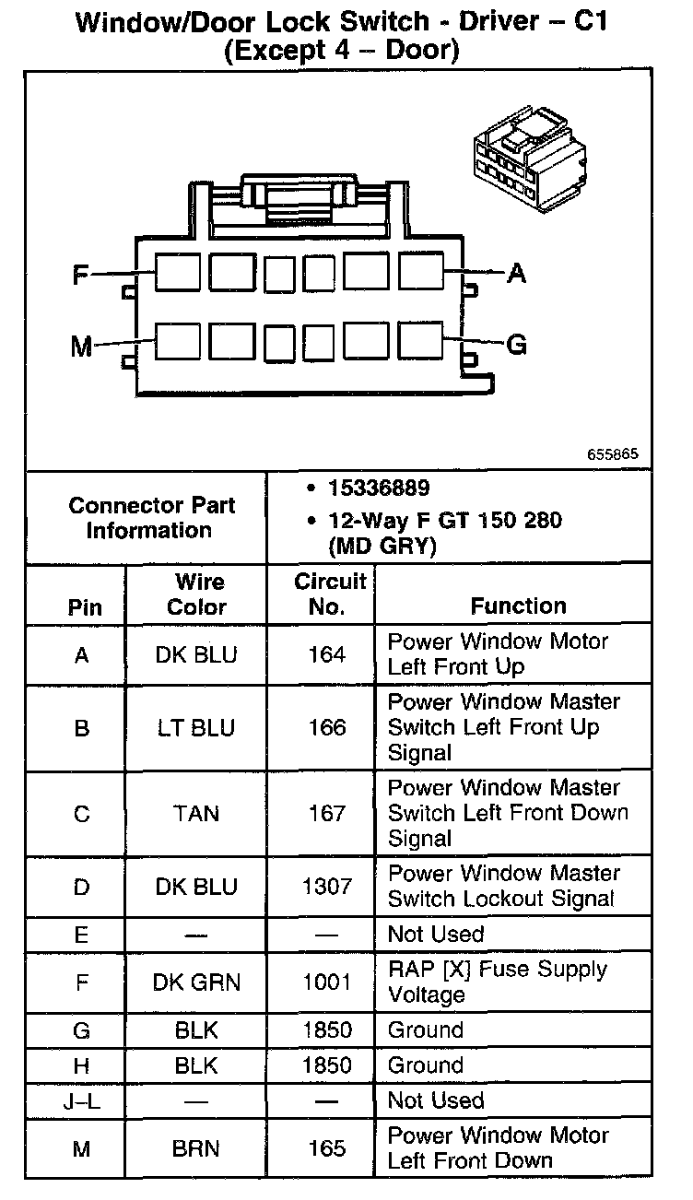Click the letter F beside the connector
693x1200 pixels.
tap(81, 274)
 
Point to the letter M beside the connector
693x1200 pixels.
tap(82, 347)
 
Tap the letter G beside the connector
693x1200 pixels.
tap(517, 345)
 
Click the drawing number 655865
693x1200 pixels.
tap(612, 455)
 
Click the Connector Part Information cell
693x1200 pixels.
tap(151, 518)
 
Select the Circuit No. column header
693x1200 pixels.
tap(329, 594)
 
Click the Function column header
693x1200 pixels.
tap(518, 606)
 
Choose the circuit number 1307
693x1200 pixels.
tap(326, 887)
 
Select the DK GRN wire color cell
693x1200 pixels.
tap(196, 982)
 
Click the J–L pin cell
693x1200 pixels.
tap(81, 1101)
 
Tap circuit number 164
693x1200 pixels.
tap(326, 654)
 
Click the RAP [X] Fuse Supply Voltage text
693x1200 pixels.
tap(497, 982)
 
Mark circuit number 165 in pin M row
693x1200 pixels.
tap(326, 1148)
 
